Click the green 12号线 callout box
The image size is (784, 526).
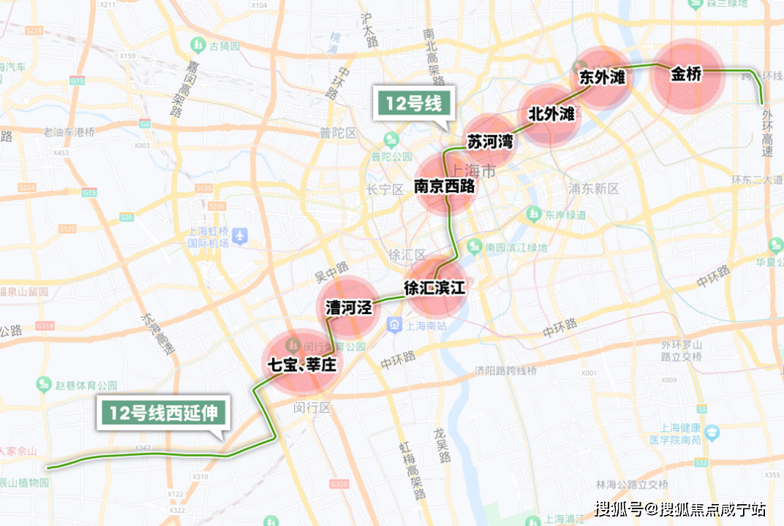[415, 104]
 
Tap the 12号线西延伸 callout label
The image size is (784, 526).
[164, 413]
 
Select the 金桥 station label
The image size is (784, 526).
[686, 75]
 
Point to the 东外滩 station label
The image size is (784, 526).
[602, 77]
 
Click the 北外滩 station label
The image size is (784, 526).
[551, 114]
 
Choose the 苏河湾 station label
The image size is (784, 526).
[490, 141]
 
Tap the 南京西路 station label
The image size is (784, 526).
[444, 186]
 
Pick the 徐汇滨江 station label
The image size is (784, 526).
[435, 288]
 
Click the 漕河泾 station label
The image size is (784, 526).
[349, 308]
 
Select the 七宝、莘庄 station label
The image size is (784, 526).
[302, 364]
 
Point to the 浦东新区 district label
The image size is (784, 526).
[594, 188]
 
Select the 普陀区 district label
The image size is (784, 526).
[338, 133]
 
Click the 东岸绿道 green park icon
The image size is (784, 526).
[532, 214]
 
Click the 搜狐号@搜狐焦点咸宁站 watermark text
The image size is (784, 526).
[679, 508]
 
